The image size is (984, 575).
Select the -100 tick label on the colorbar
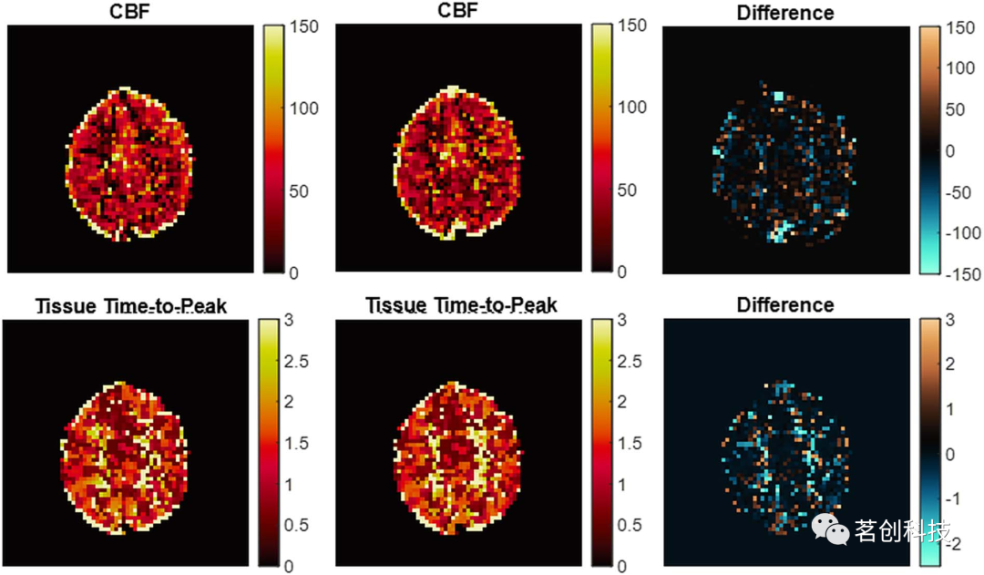960,233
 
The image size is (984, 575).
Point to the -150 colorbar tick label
960,274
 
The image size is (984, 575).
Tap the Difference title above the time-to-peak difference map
784,304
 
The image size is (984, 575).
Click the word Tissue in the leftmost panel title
66,305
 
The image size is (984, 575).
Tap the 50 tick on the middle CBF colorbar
627,190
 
